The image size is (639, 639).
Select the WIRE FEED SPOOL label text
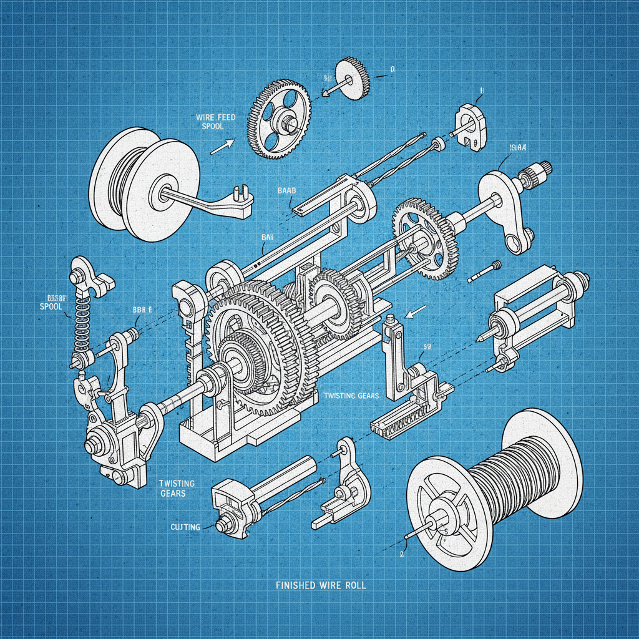[215, 121]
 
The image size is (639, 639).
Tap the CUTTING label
[185, 527]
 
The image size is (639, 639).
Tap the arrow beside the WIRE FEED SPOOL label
[221, 147]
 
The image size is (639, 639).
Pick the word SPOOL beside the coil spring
[52, 307]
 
